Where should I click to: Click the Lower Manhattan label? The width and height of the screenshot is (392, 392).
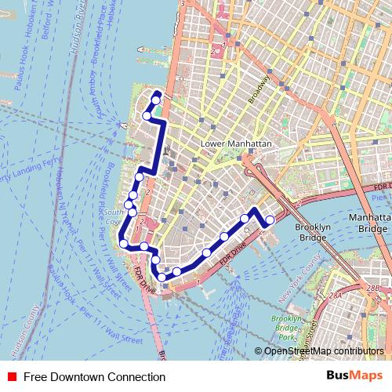click(236, 144)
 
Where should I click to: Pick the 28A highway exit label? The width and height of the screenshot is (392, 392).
click(336, 296)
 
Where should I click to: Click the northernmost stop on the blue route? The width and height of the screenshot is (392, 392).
click(156, 100)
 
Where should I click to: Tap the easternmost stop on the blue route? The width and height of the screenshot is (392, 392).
click(270, 220)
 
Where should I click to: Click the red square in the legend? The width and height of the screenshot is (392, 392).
click(12, 377)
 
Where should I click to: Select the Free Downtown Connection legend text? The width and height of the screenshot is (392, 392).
click(94, 377)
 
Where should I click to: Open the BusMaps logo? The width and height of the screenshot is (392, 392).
click(354, 376)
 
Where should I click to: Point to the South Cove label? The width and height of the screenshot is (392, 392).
click(114, 216)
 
